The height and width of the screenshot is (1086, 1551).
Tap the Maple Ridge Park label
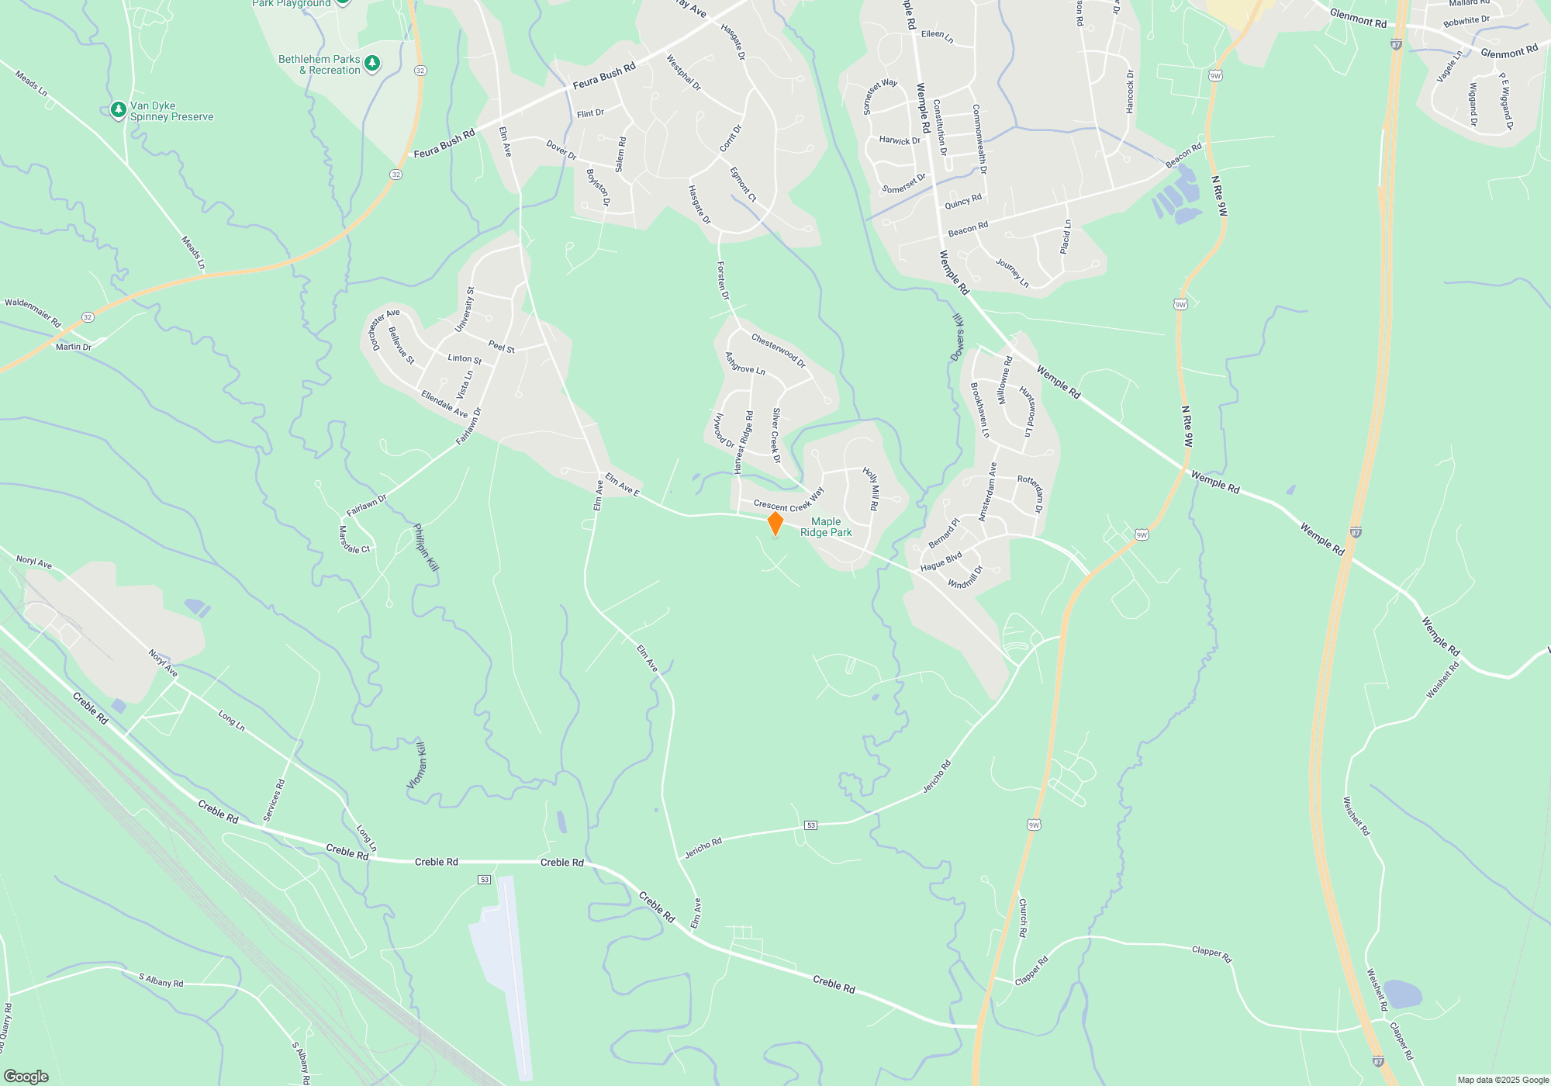click(x=826, y=527)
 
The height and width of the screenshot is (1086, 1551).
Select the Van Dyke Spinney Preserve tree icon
click(x=118, y=110)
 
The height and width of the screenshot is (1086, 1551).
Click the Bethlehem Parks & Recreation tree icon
click(x=372, y=63)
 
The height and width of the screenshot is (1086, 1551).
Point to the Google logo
click(x=26, y=1076)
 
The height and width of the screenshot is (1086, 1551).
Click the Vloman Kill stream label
click(x=417, y=766)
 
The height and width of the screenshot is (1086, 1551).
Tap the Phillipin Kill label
click(x=426, y=548)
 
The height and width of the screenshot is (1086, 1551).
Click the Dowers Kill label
click(x=958, y=337)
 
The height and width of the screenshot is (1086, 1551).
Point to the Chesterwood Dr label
click(x=779, y=351)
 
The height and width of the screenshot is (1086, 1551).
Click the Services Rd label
click(x=274, y=800)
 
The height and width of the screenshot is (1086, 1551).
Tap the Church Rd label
click(x=1023, y=918)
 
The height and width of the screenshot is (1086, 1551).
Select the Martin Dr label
click(x=74, y=347)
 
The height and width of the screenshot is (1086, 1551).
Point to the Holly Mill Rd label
click(x=871, y=488)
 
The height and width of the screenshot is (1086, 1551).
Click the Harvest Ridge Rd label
click(x=744, y=442)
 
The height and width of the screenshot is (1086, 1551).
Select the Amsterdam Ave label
click(x=987, y=492)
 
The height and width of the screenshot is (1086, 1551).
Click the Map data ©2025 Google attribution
click(x=1503, y=1080)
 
